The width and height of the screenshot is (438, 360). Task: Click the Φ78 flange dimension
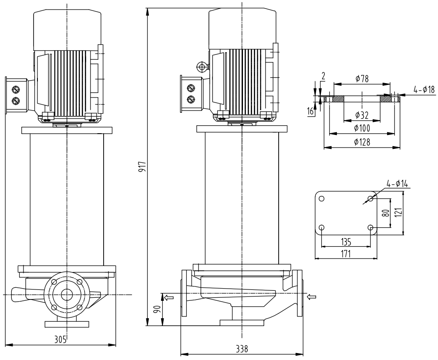362,79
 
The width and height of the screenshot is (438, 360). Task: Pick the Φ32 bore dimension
362,115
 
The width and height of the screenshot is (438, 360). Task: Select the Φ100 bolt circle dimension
362,128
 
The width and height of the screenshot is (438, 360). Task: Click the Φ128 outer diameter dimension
362,142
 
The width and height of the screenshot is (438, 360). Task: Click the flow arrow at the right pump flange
312,297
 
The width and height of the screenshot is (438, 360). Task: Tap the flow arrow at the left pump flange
167,297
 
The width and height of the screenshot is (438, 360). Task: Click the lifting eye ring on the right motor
201,67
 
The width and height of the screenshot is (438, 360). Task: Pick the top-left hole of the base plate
321,199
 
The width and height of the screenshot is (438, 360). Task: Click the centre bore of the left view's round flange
67,295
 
